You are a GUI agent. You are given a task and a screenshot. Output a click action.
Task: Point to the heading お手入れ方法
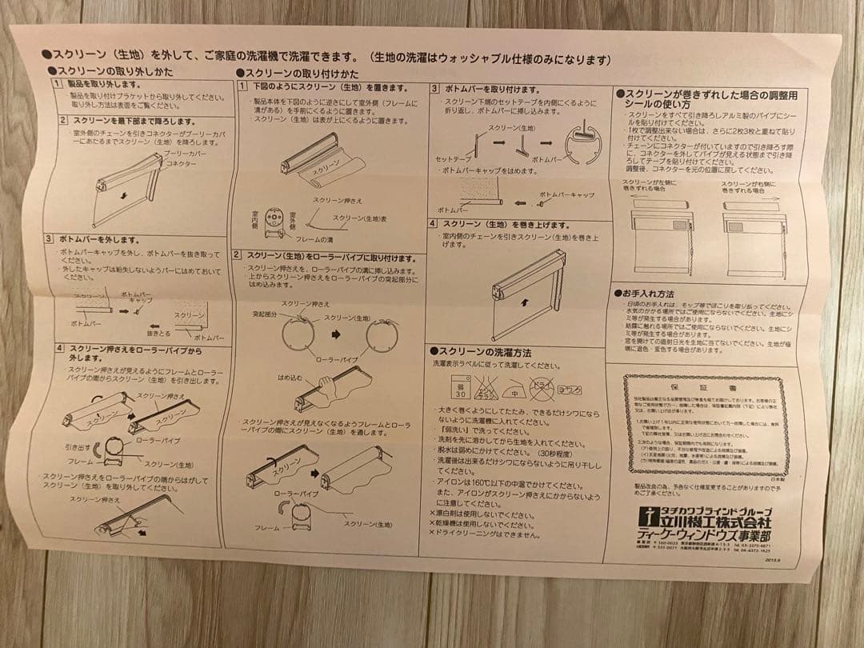point(647,294)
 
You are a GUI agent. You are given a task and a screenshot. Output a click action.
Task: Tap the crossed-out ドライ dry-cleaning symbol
point(542,390)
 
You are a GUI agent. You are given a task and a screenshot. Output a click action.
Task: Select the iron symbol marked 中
point(515,391)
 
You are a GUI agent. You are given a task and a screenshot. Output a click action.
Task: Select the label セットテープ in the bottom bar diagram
point(452,159)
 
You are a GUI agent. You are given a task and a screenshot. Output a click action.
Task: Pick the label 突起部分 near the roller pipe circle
point(264,315)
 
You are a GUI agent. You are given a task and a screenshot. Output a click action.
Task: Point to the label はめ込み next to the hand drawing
point(289,376)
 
